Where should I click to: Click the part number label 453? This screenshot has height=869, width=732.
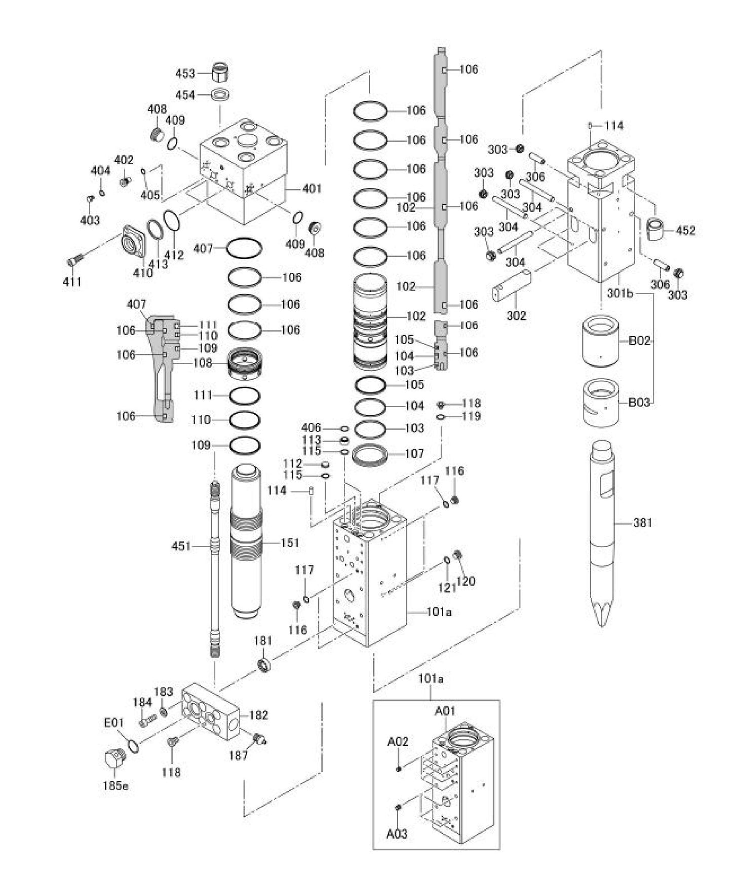click(x=185, y=74)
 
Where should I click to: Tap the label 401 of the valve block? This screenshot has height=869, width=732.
click(x=312, y=189)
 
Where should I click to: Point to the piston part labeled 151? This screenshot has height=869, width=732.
click(x=246, y=542)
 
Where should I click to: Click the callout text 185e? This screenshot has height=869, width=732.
click(x=115, y=786)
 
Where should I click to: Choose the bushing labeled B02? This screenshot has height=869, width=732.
click(x=601, y=341)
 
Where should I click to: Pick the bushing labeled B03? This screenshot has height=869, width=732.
click(x=601, y=403)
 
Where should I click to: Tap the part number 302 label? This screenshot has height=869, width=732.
click(x=517, y=315)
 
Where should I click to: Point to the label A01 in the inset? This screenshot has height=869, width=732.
click(x=445, y=711)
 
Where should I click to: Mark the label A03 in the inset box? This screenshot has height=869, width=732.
click(x=397, y=834)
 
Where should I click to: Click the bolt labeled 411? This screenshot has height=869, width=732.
click(x=75, y=262)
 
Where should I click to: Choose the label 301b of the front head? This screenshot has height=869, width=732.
click(x=620, y=293)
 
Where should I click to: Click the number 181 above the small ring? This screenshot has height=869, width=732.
click(x=263, y=641)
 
